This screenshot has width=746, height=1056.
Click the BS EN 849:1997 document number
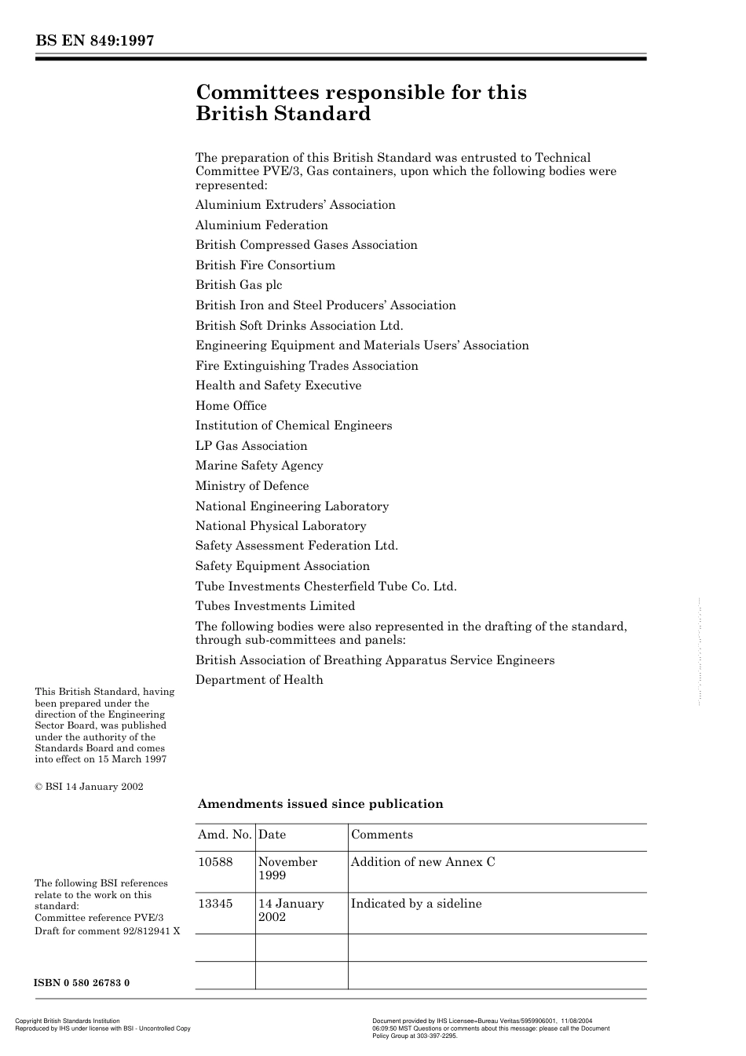[93, 41]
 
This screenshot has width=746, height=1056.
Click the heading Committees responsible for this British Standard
[360, 103]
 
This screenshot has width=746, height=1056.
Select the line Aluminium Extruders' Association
[295, 205]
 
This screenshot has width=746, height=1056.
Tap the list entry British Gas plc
[239, 285]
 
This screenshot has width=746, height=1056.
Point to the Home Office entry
[231, 406]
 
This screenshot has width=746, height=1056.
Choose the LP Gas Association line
[251, 446]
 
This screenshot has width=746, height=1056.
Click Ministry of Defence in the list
[252, 486]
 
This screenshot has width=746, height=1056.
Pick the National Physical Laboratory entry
[280, 526]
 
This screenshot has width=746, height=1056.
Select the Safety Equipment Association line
[282, 566]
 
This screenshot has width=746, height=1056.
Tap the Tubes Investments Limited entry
[275, 606]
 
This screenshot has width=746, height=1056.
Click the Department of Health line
[259, 680]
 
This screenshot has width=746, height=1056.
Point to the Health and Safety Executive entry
[278, 385]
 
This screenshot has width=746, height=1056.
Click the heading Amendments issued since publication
[320, 804]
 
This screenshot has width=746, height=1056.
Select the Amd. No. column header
[225, 835]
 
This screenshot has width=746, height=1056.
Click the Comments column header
[382, 835]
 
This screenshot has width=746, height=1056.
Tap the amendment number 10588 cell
[215, 862]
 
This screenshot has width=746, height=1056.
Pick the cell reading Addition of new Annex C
[422, 862]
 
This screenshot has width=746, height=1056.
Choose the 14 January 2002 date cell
[291, 910]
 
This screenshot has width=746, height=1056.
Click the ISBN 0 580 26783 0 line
[82, 983]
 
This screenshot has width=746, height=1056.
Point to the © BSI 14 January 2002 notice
[89, 787]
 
